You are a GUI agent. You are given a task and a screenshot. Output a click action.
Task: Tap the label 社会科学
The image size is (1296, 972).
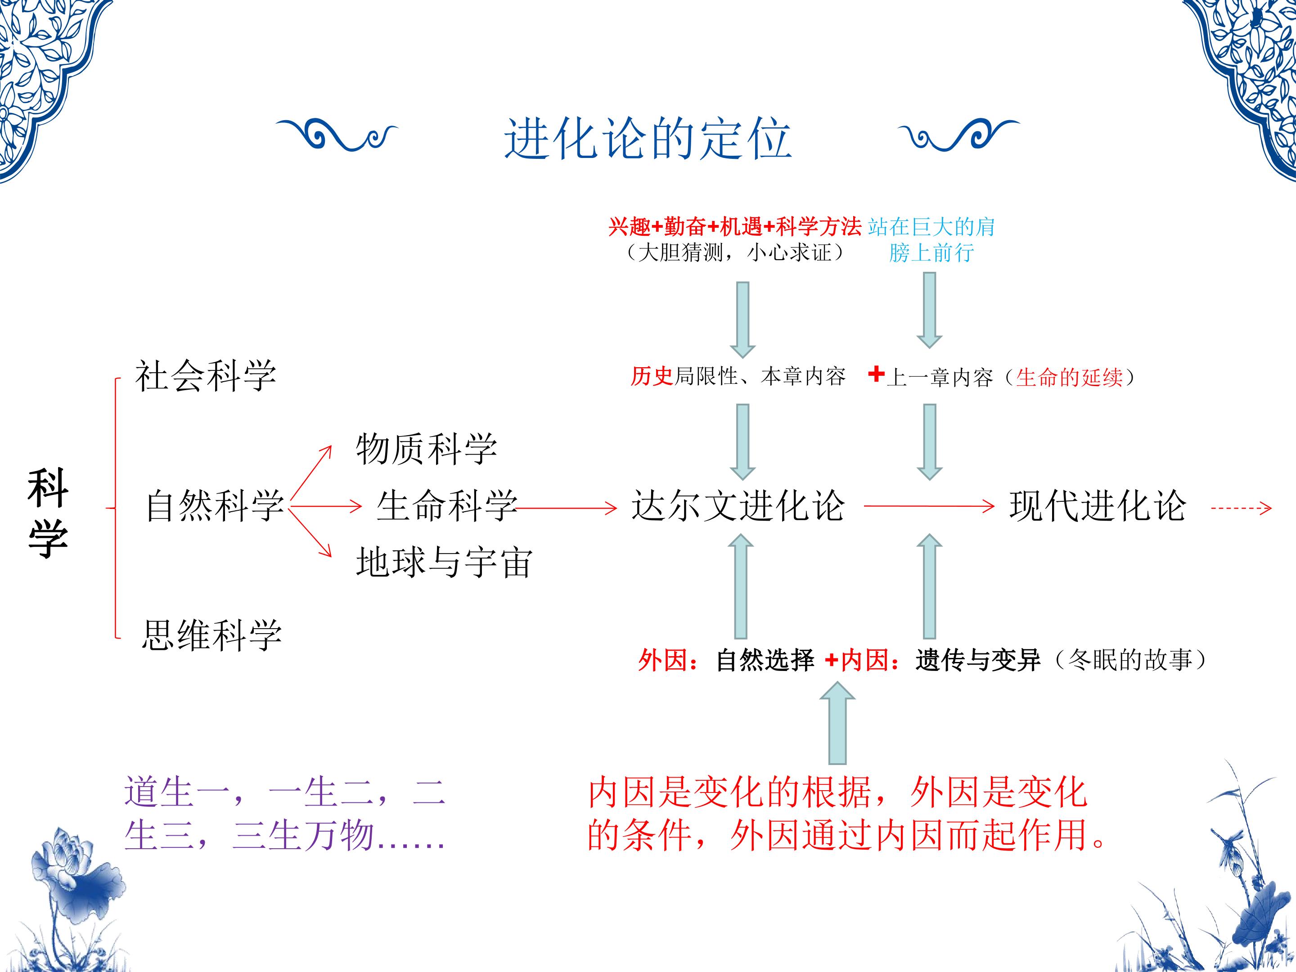[x=206, y=376]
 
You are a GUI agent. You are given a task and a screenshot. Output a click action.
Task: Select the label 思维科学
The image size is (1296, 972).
[x=211, y=634]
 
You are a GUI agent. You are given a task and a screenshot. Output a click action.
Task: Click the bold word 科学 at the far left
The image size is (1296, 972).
[x=48, y=513]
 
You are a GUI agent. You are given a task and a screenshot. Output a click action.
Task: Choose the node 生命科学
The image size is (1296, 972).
[x=446, y=505]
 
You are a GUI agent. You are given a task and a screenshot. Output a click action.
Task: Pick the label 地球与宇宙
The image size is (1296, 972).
[x=444, y=562]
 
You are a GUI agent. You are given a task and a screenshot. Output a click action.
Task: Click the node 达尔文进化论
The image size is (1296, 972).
[x=738, y=505]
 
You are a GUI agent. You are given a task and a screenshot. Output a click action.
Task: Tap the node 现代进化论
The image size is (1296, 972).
[x=1098, y=505]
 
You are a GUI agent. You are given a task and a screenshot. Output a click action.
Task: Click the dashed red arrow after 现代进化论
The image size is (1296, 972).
[x=1241, y=508]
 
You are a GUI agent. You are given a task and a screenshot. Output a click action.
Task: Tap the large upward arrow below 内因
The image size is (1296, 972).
[x=837, y=723]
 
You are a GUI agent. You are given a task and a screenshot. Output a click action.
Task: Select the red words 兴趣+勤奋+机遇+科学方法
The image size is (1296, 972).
[x=735, y=226]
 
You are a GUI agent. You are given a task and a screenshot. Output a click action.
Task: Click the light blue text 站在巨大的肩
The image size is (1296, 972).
[x=931, y=226]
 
